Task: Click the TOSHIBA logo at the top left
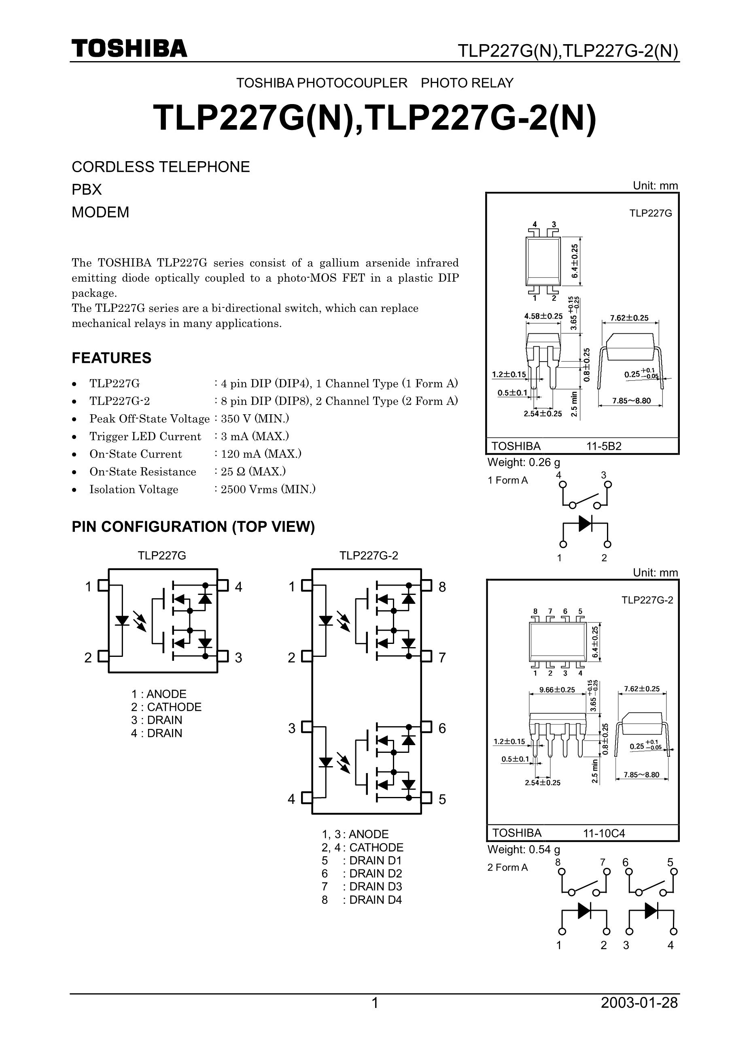click(x=129, y=48)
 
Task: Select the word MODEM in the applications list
click(x=100, y=212)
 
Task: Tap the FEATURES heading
click(x=111, y=358)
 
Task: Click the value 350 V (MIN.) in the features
click(x=255, y=418)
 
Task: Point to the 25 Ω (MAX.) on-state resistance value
click(x=253, y=471)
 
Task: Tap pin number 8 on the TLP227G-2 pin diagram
click(x=442, y=587)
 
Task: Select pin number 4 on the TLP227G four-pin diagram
click(x=238, y=587)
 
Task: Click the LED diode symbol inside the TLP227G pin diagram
click(x=122, y=620)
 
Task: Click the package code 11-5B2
click(x=604, y=446)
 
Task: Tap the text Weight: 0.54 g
click(x=524, y=849)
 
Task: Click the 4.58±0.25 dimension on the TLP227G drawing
click(x=543, y=316)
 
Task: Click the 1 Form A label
click(x=507, y=480)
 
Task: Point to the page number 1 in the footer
click(x=375, y=1003)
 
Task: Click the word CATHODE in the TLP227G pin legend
click(x=174, y=707)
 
